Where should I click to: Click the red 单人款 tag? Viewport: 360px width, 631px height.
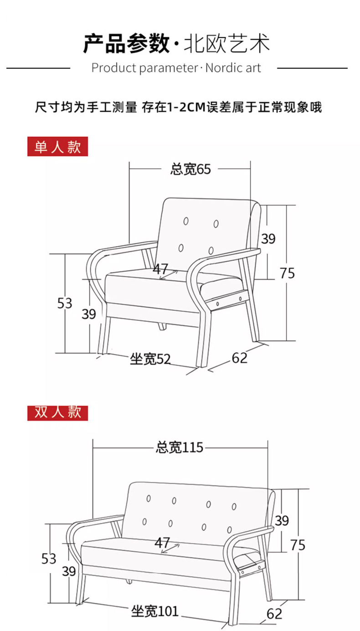57,147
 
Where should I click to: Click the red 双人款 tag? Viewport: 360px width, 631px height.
57,412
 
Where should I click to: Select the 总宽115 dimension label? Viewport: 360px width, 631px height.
179,448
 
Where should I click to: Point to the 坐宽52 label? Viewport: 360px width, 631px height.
150,359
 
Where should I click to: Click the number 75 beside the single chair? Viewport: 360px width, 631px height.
287,273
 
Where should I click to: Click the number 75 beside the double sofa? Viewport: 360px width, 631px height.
298,545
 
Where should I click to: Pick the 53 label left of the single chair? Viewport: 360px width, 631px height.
65,303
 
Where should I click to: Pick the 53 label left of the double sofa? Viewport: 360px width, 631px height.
49,558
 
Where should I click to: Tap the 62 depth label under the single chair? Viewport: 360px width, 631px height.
240,358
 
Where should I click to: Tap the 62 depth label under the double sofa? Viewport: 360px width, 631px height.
274,614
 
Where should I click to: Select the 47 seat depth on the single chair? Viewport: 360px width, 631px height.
160,269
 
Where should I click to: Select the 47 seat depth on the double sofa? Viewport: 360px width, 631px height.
163,543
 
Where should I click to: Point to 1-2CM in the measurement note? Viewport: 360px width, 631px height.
185,108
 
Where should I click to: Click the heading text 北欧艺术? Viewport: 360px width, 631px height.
226,44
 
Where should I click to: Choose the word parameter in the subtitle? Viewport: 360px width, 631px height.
168,68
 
